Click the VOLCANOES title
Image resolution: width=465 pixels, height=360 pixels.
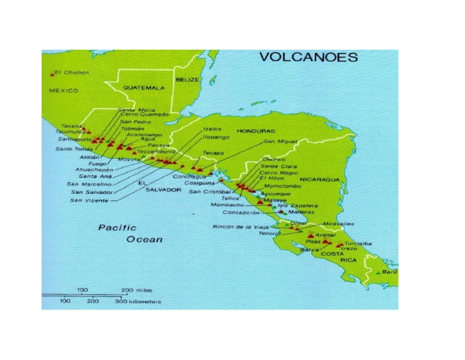[x=308, y=58]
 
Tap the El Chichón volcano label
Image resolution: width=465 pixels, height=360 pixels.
[x=72, y=72]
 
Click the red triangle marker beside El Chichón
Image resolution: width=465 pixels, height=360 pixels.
[x=52, y=74]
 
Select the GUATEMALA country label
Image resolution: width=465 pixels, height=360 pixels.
[x=143, y=88]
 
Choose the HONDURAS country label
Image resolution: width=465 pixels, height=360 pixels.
[x=256, y=131]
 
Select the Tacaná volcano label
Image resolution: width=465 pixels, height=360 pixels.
[x=71, y=126]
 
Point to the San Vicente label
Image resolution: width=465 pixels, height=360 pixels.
[x=89, y=200]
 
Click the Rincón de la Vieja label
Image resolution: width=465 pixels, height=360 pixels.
[x=239, y=227]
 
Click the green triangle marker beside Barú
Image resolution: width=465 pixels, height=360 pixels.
[x=378, y=274]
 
